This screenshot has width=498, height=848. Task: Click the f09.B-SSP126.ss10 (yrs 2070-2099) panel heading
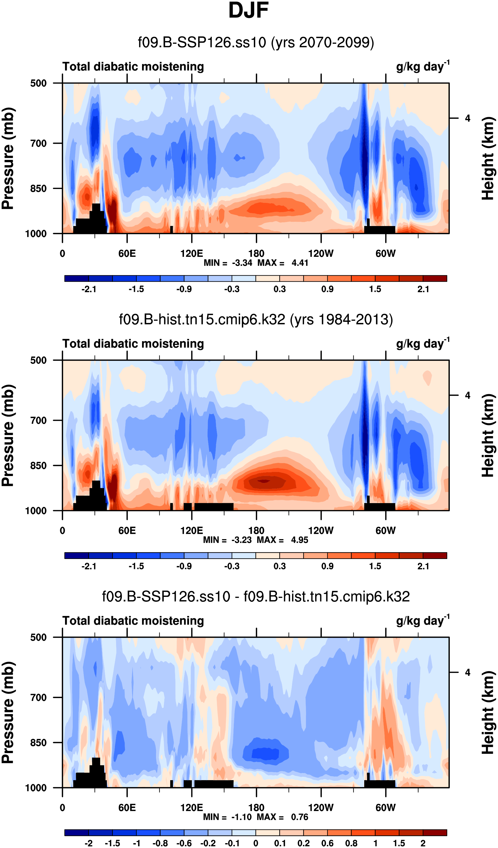point(256,43)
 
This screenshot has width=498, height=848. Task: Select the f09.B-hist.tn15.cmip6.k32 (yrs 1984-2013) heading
point(256,319)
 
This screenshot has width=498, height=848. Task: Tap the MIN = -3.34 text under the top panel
point(228,263)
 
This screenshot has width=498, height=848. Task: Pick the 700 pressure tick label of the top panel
point(39,144)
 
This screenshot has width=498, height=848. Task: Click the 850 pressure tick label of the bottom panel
point(39,743)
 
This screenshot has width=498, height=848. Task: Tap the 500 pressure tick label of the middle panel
point(39,360)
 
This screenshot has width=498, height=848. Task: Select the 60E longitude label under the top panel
point(127,254)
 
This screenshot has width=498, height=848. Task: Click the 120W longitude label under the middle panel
point(321,531)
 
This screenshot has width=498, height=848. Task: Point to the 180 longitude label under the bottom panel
point(256,808)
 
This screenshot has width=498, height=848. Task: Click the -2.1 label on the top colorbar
point(89,289)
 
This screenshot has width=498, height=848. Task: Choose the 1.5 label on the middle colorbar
point(375,566)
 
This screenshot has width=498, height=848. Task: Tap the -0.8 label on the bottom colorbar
point(160,843)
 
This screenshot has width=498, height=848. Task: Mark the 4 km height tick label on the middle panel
point(467,395)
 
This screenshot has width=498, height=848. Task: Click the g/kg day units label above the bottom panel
point(423,621)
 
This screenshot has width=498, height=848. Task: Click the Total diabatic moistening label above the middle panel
point(133,343)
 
